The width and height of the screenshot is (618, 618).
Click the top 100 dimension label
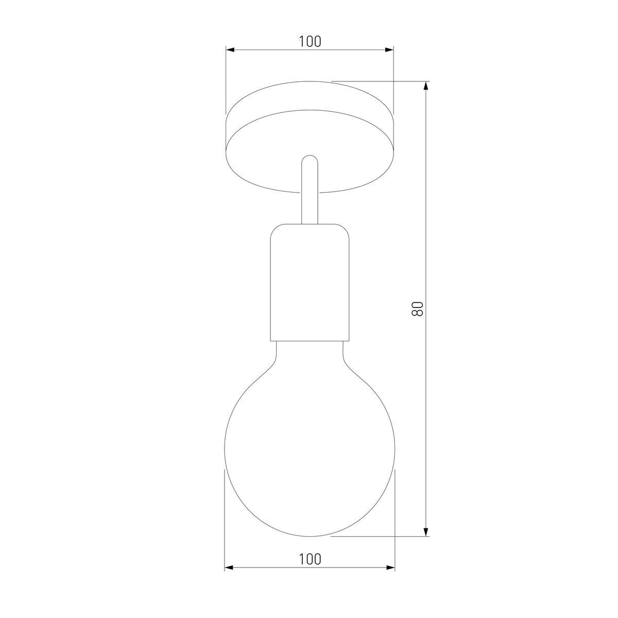tap(310, 41)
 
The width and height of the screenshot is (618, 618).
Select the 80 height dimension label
tap(417, 309)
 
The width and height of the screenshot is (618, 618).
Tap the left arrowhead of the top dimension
tap(230, 50)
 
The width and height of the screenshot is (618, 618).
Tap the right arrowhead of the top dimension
tap(389, 50)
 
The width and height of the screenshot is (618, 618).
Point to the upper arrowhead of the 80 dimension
tap(425, 86)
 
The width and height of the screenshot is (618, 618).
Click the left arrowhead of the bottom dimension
tap(229, 577)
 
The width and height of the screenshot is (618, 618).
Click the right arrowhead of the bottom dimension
tap(390, 577)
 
